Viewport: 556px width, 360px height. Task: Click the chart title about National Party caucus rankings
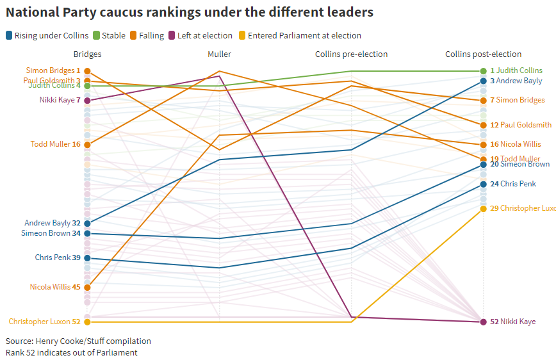point(190,12)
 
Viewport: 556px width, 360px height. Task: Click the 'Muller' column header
point(220,54)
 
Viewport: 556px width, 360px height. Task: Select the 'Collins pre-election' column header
point(351,54)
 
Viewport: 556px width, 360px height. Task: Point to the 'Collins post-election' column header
point(483,54)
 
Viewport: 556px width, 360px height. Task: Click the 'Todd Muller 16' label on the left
point(55,145)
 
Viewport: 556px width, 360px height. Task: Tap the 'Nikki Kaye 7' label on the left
point(60,101)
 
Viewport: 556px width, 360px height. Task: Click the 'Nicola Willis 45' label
point(55,288)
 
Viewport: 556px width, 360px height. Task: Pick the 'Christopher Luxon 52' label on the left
point(44,322)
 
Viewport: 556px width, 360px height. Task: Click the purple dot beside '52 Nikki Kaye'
point(484,322)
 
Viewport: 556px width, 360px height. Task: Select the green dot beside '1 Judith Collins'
point(484,71)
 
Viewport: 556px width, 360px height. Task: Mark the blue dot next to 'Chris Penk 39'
point(87,258)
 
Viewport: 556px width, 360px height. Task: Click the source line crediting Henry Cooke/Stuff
point(78,341)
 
